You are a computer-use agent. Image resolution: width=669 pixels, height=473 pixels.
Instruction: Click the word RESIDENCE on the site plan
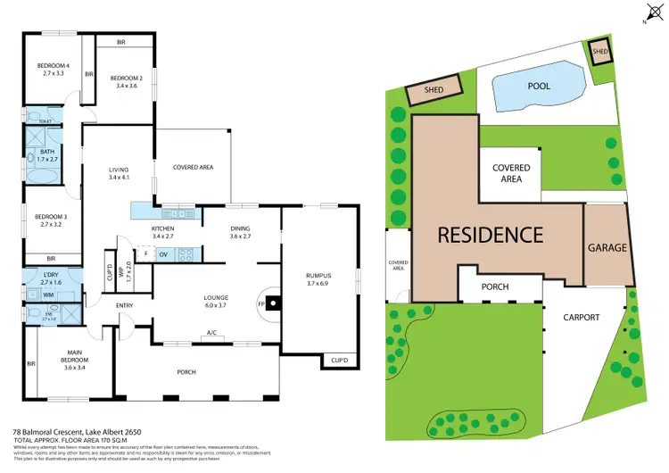[x=490, y=236]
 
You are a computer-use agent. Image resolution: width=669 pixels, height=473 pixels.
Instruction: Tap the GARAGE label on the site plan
[x=607, y=247]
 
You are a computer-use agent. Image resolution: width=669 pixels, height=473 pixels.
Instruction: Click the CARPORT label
[x=581, y=317]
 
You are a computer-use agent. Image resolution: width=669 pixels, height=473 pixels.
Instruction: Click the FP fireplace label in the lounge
[x=262, y=303]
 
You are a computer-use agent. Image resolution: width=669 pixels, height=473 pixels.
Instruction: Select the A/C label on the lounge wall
[x=212, y=334]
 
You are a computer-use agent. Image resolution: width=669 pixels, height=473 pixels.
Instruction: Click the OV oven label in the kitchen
[x=164, y=254]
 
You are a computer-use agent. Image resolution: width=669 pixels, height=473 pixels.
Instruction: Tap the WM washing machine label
[x=47, y=294]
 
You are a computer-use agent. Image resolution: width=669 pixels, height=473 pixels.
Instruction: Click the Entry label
[x=124, y=306]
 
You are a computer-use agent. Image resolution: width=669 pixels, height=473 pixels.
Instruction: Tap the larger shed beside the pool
[x=434, y=90]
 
